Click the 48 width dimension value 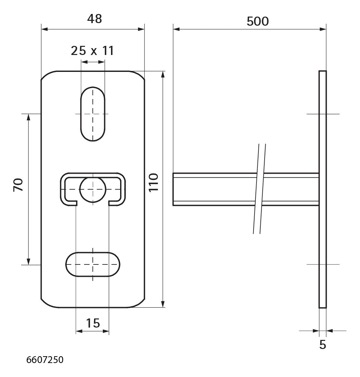click(x=95, y=19)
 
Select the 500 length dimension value click(x=257, y=21)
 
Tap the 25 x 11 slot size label click(x=92, y=51)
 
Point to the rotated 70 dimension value click(x=19, y=185)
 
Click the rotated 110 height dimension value click(x=154, y=182)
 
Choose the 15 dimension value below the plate click(x=93, y=323)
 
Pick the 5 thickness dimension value click(x=323, y=345)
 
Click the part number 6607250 click(x=45, y=360)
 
